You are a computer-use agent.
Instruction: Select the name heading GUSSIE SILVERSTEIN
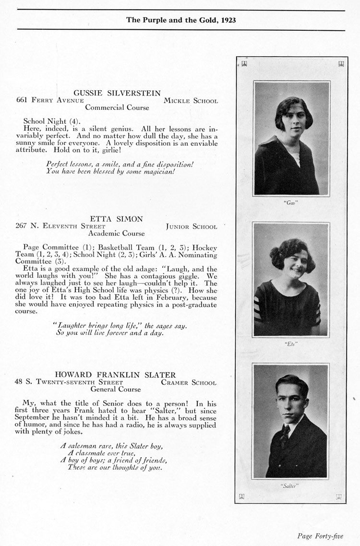pyautogui.click(x=117, y=93)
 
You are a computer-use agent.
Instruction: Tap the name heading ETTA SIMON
pyautogui.click(x=117, y=219)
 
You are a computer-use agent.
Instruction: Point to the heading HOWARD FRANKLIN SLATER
pyautogui.click(x=115, y=375)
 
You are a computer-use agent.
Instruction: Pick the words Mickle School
pyautogui.click(x=191, y=101)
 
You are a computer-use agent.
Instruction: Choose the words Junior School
pyautogui.click(x=191, y=226)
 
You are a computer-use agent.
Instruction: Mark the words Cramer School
pyautogui.click(x=189, y=383)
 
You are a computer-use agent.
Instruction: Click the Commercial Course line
pyautogui.click(x=117, y=108)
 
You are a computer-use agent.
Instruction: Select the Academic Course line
pyautogui.click(x=116, y=234)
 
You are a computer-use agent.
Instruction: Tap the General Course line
pyautogui.click(x=116, y=390)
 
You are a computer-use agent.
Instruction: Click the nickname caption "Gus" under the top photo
pyautogui.click(x=291, y=202)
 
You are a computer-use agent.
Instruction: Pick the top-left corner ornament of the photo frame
pyautogui.click(x=244, y=63)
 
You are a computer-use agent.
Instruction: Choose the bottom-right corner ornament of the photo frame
pyautogui.click(x=339, y=496)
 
